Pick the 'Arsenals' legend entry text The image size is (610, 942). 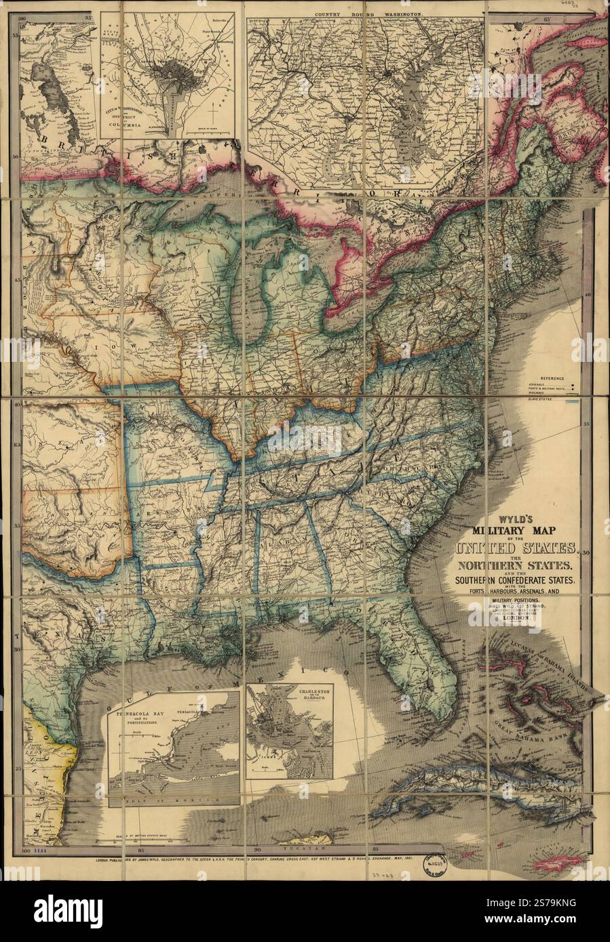[x=536, y=384]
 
